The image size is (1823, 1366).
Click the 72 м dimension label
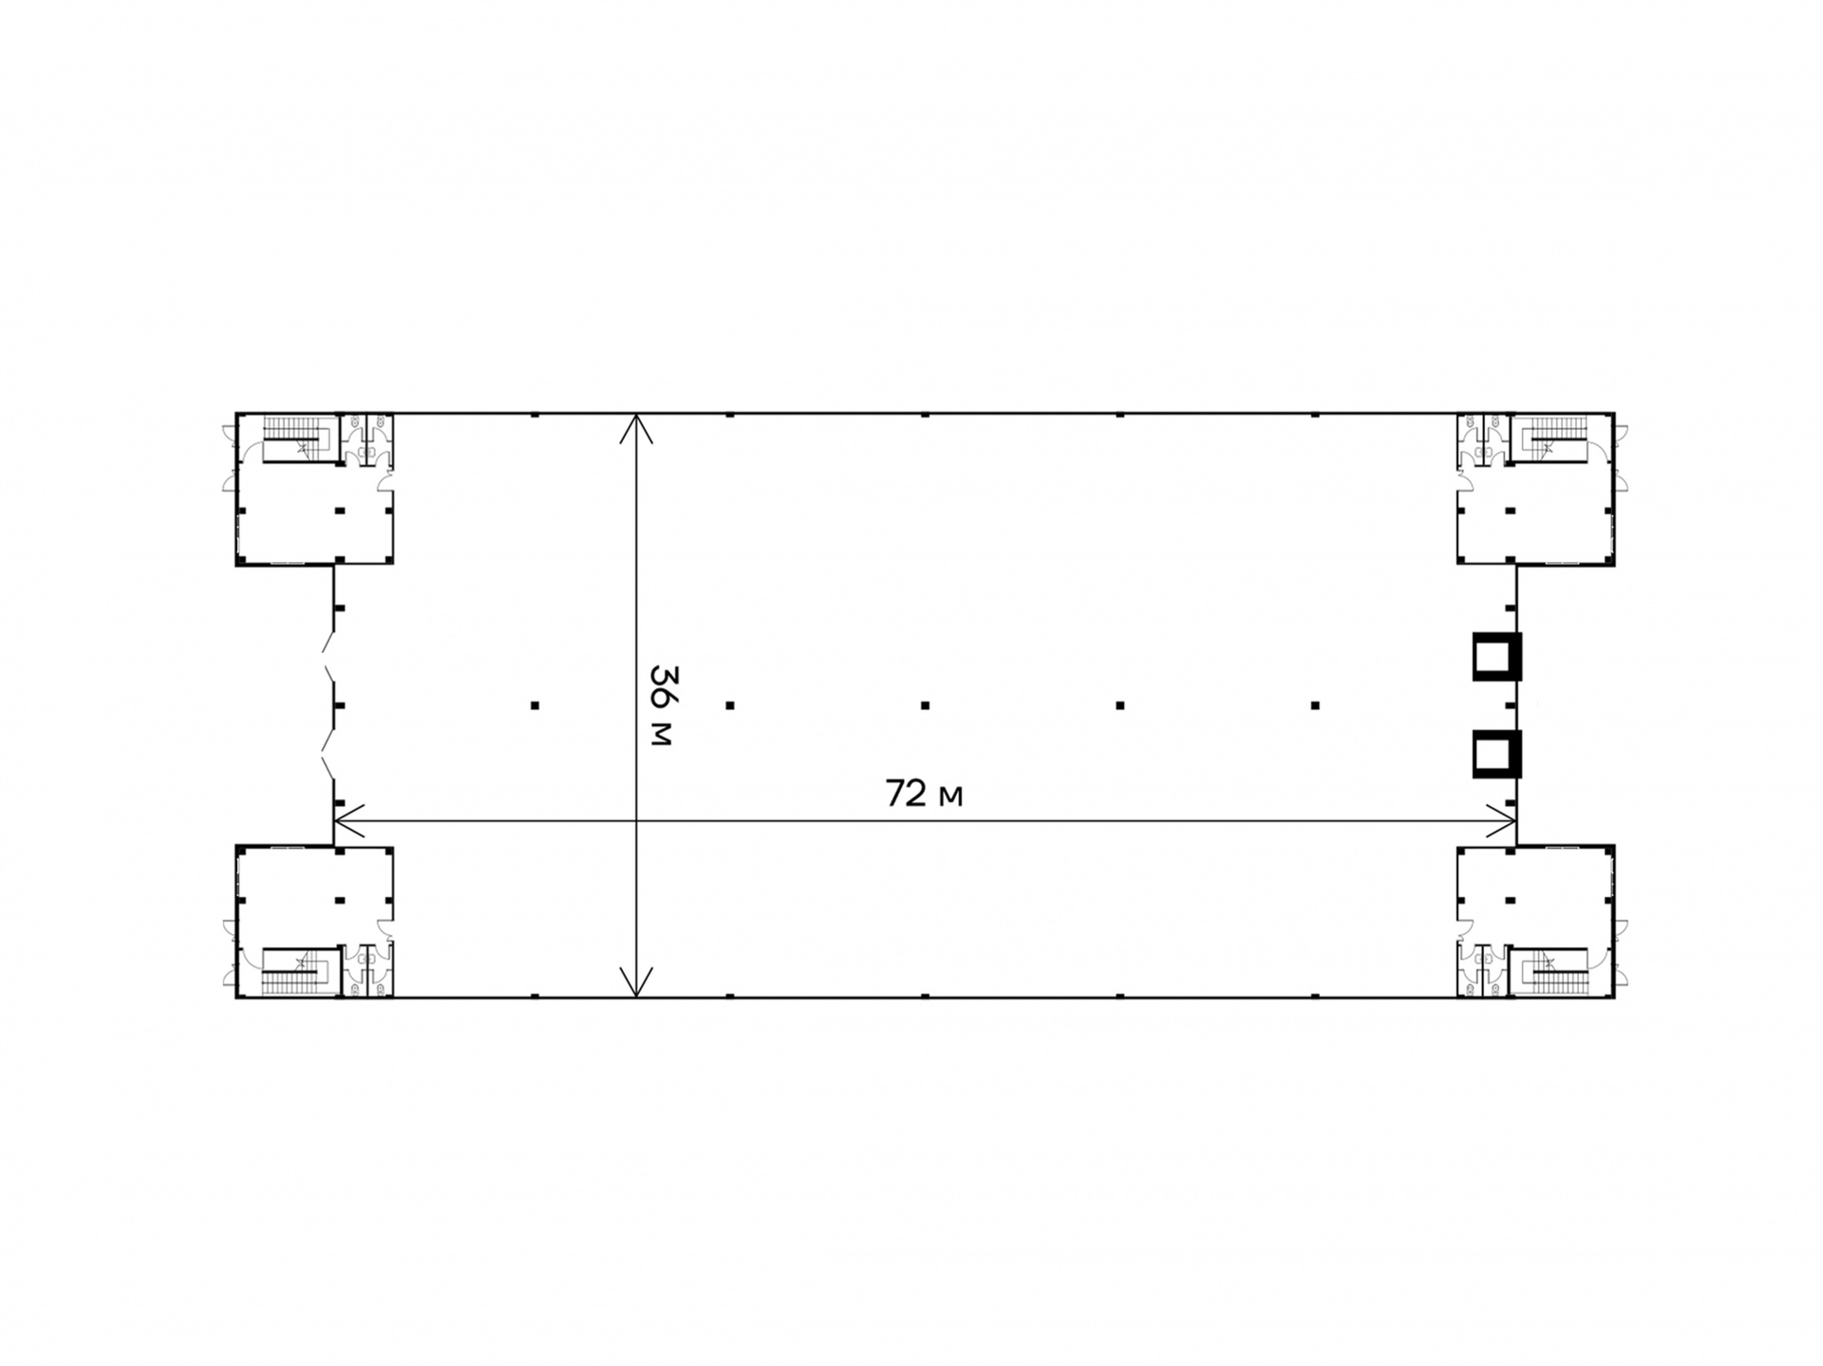pyautogui.click(x=924, y=794)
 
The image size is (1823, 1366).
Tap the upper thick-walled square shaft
pyautogui.click(x=1496, y=656)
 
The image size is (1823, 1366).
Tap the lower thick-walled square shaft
pyautogui.click(x=1496, y=754)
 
